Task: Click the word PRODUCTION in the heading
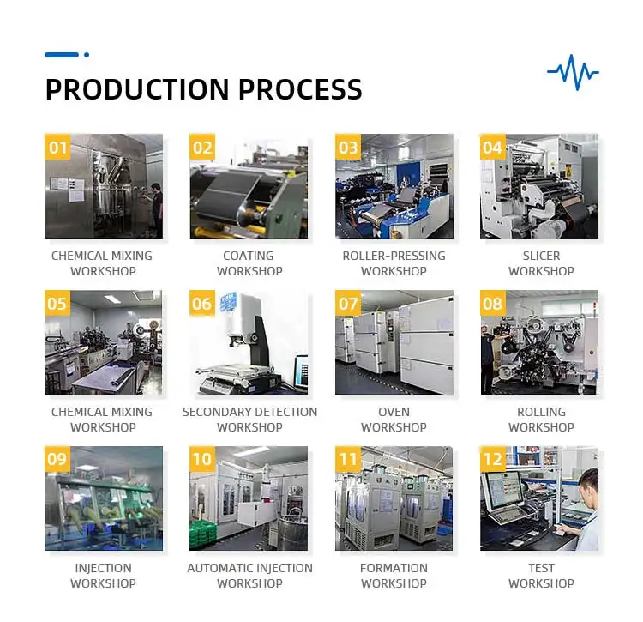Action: [137, 89]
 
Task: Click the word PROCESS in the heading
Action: [300, 89]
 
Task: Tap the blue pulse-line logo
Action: [573, 72]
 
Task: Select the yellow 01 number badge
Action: [57, 147]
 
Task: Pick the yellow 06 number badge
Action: [202, 303]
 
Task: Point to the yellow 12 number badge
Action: [493, 459]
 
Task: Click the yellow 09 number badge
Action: [57, 459]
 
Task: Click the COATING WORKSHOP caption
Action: [249, 263]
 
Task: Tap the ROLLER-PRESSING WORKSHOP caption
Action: [394, 263]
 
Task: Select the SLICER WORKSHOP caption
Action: [541, 263]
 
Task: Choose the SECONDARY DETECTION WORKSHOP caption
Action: [249, 420]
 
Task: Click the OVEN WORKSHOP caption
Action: [394, 420]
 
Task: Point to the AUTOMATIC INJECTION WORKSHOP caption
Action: [249, 576]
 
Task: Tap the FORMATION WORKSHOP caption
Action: [394, 576]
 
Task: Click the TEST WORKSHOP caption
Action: [541, 576]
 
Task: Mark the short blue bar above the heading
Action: [62, 55]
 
